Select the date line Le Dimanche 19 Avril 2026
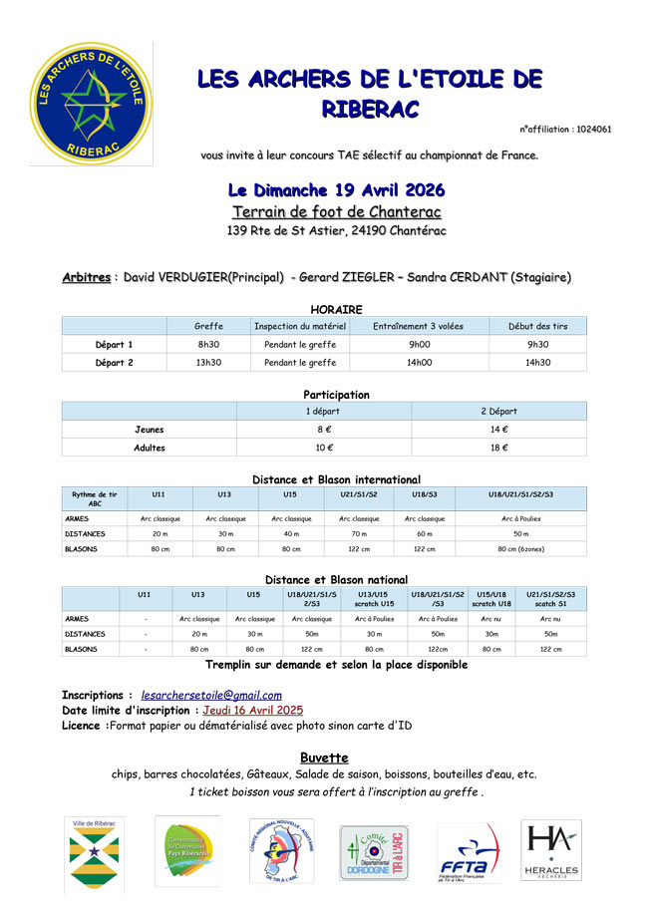point(336,189)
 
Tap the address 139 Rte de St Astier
point(336,231)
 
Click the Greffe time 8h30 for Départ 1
point(208,344)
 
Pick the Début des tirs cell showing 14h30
point(537,363)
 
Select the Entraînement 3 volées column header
point(419,326)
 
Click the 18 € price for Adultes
point(497,448)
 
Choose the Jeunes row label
point(150,430)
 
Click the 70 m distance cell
point(358,533)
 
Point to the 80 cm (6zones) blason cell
point(520,549)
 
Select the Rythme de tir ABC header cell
point(95,498)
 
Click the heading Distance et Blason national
point(336,579)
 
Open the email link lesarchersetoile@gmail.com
point(211,695)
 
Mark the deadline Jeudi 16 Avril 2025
point(252,711)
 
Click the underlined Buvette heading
point(323,758)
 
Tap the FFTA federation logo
point(469,853)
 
